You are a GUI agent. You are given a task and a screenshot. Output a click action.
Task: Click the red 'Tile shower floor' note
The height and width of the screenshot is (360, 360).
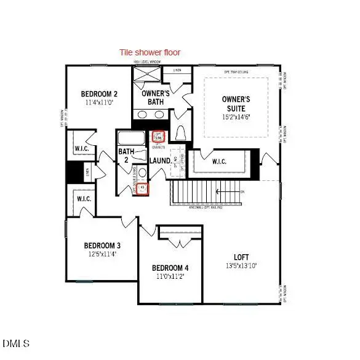(x=150, y=52)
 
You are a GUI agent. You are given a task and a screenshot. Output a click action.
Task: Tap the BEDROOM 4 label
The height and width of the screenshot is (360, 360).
(x=170, y=268)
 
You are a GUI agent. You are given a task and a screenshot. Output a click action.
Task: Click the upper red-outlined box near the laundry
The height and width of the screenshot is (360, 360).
(x=158, y=136)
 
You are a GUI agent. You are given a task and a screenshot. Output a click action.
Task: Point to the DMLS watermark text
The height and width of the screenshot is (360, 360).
(x=17, y=343)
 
